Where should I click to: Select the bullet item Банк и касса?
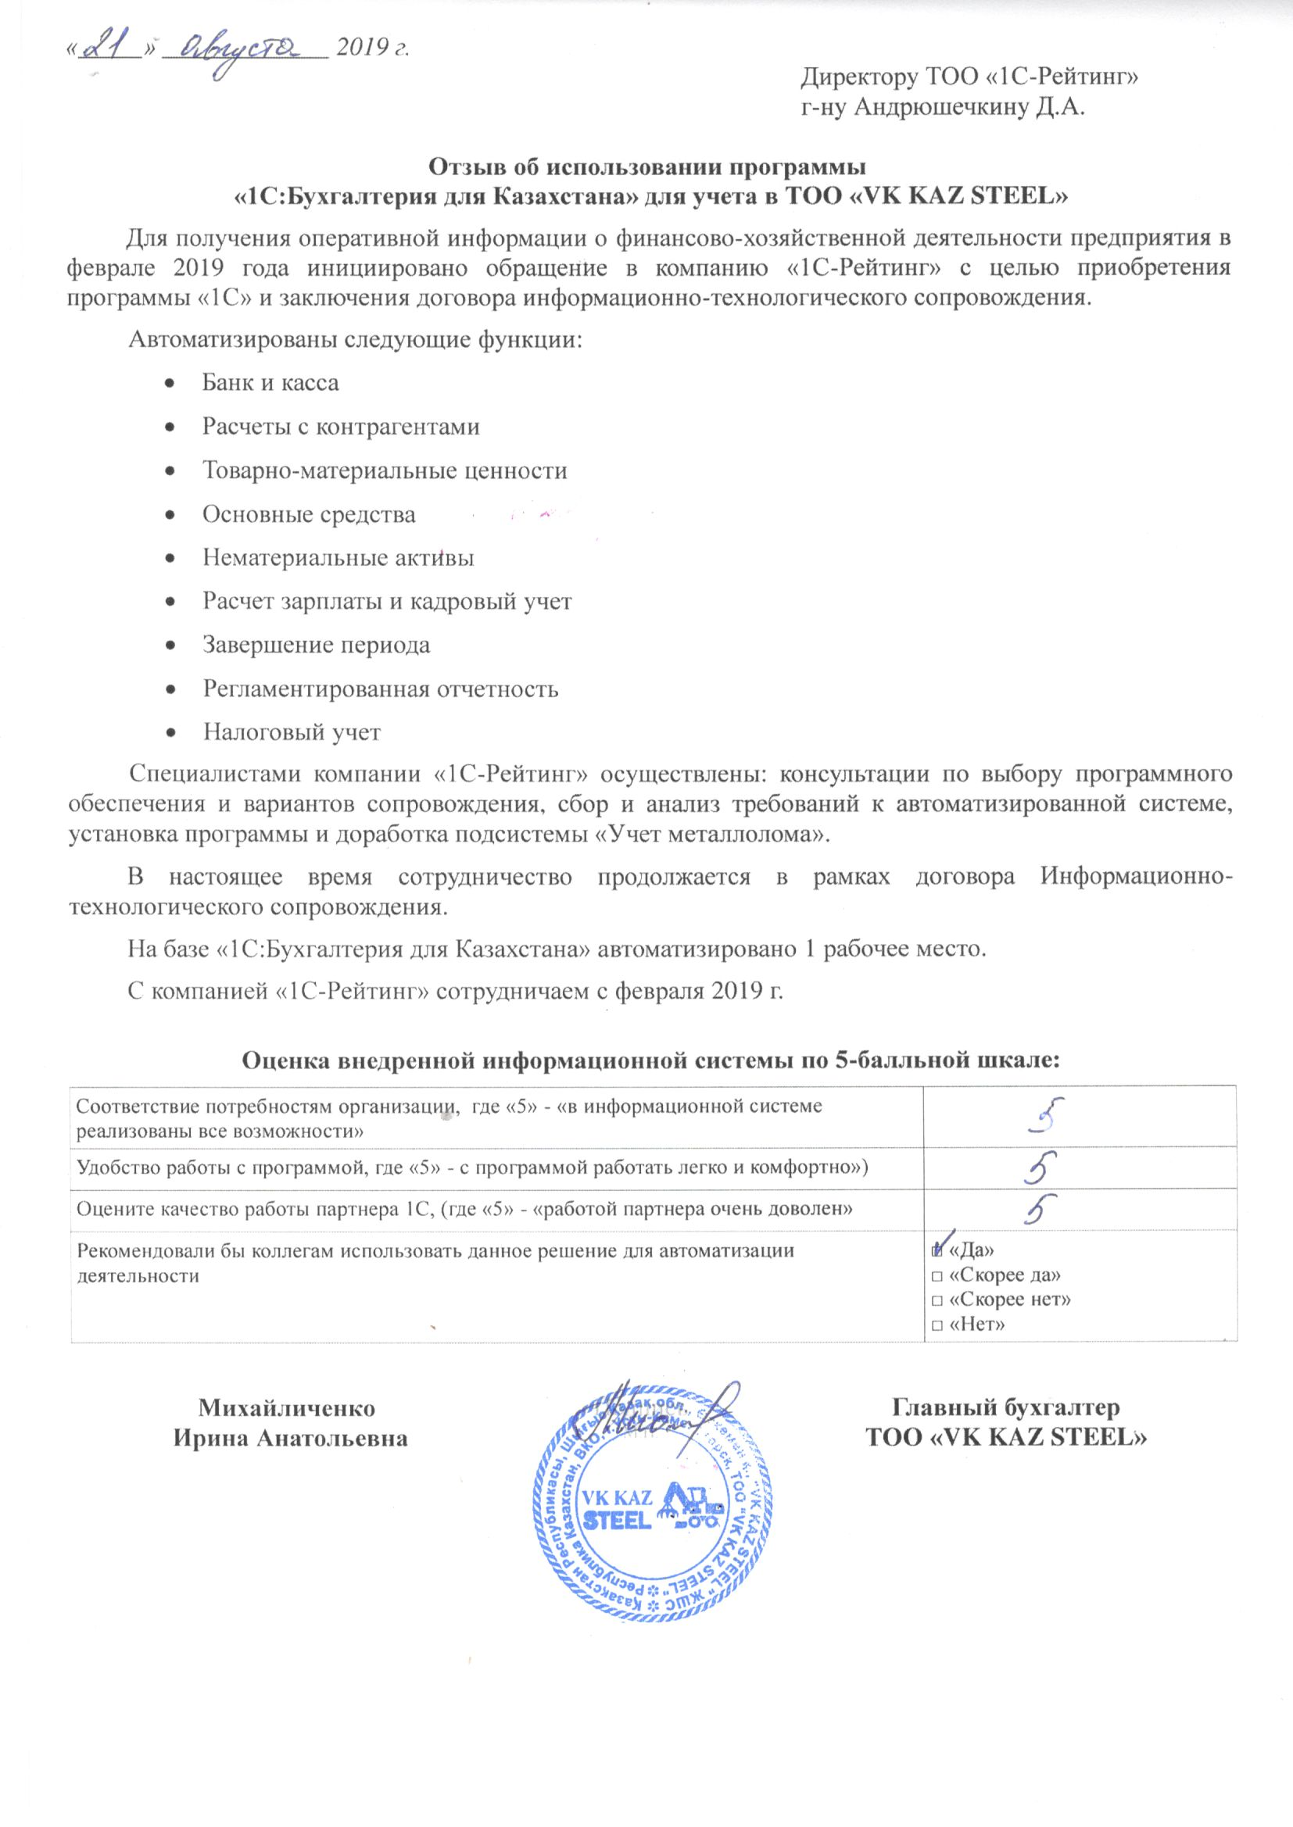tap(270, 383)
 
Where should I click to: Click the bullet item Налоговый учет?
tap(292, 731)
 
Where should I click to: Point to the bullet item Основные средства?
tap(308, 514)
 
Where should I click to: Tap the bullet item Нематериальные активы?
tap(338, 557)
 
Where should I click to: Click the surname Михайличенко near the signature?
tap(287, 1407)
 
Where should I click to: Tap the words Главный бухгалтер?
tap(1005, 1407)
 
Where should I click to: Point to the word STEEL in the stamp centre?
tap(619, 1519)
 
